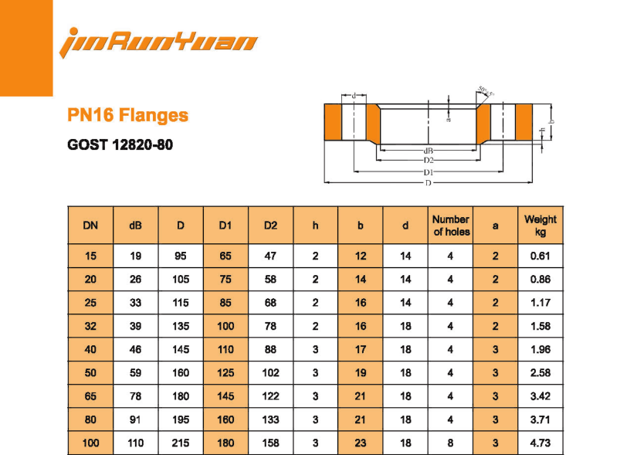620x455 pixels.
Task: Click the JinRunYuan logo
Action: point(158,40)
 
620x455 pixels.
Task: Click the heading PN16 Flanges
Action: point(127,116)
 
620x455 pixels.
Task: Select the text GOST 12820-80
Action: point(120,144)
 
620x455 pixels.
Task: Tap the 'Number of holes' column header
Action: point(451,226)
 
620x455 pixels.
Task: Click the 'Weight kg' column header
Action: point(540,226)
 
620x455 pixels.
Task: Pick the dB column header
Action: point(135,226)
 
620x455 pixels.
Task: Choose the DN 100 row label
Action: point(90,444)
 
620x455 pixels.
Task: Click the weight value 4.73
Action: point(540,444)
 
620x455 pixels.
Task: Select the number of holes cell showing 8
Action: point(451,444)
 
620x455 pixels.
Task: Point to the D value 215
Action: point(181,444)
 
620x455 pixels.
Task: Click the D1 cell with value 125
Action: point(225,373)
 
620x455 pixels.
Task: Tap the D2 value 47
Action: point(270,256)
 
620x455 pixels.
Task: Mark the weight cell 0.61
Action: point(540,256)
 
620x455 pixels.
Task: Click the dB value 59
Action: point(135,373)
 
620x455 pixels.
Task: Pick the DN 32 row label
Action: point(90,326)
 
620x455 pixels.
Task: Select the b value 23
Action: point(361,444)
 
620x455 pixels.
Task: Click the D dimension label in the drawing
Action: point(427,183)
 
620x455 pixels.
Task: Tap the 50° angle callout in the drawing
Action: point(485,93)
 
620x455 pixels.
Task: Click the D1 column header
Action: point(225,226)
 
